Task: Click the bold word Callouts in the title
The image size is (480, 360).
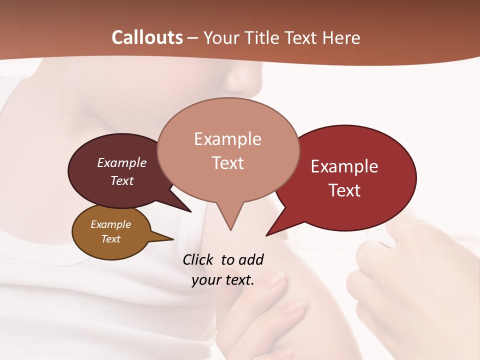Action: point(147,37)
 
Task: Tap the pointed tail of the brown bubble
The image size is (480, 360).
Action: point(167,239)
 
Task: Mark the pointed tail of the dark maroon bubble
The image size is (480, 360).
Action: point(185,208)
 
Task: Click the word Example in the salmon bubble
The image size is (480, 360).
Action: point(228,139)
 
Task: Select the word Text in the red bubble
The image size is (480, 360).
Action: point(345,190)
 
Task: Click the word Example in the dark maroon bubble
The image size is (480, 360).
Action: point(122,162)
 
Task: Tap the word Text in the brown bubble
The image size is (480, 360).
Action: point(111,239)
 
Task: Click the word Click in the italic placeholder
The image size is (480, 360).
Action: point(198,259)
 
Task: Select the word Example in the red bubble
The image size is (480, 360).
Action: point(344,166)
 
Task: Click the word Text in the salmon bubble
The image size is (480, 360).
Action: point(228,163)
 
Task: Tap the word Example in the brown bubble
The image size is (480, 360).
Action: point(111,224)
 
